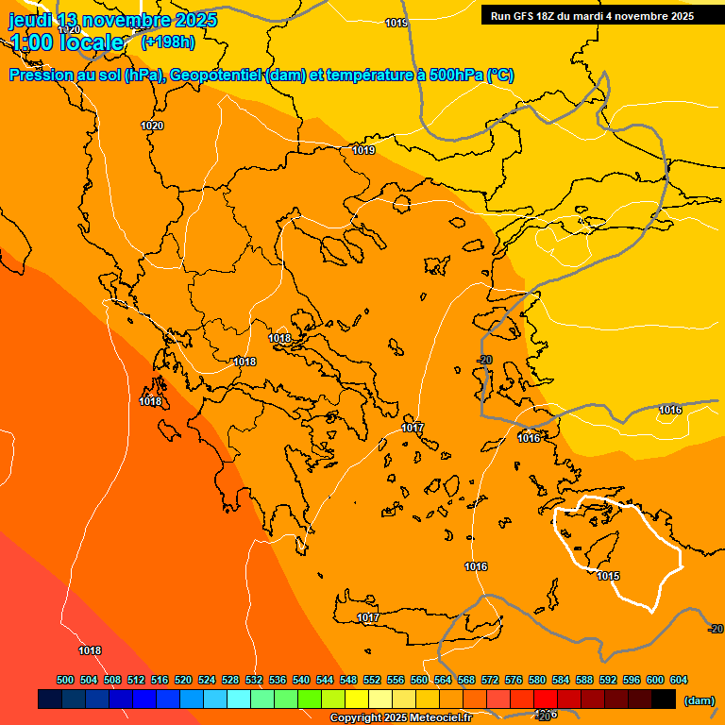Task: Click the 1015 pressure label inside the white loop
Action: click(x=608, y=576)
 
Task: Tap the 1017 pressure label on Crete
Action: click(x=368, y=618)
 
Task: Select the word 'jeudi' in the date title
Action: click(x=30, y=20)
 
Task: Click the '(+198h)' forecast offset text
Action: click(x=168, y=42)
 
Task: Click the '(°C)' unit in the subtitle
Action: click(x=500, y=76)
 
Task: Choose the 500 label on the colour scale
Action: click(x=65, y=680)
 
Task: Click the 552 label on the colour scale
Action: click(x=372, y=680)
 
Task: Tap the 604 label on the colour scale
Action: click(x=678, y=680)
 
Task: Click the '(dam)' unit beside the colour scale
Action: click(x=700, y=700)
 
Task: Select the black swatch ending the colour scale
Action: click(x=664, y=700)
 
